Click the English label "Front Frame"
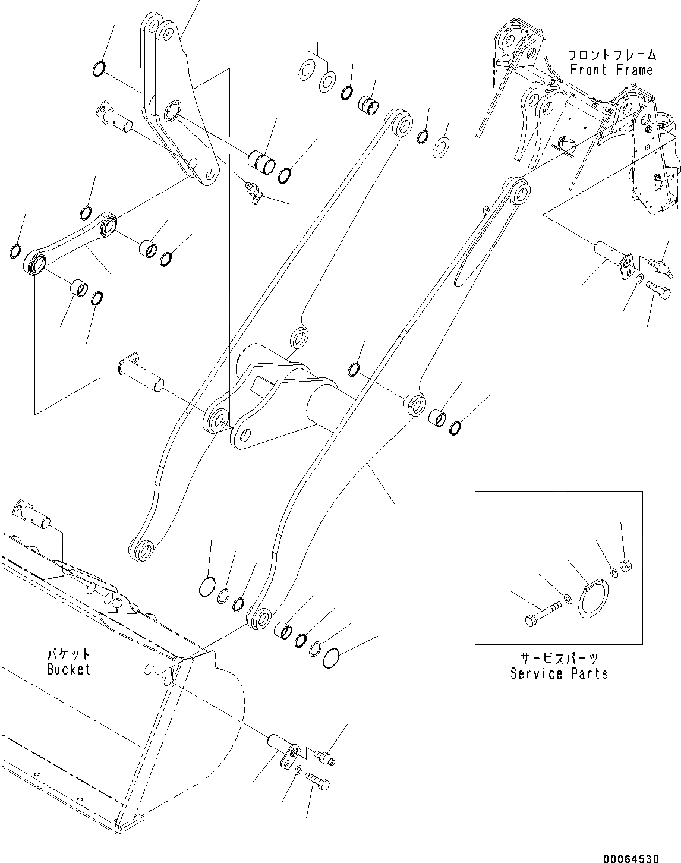click(611, 70)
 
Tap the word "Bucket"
click(68, 669)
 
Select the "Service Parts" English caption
click(559, 673)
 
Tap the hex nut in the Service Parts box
click(625, 567)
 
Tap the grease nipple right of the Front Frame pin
click(658, 262)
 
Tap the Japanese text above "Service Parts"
click(559, 658)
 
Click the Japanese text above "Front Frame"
click(611, 55)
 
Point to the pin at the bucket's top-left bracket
click(34, 516)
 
